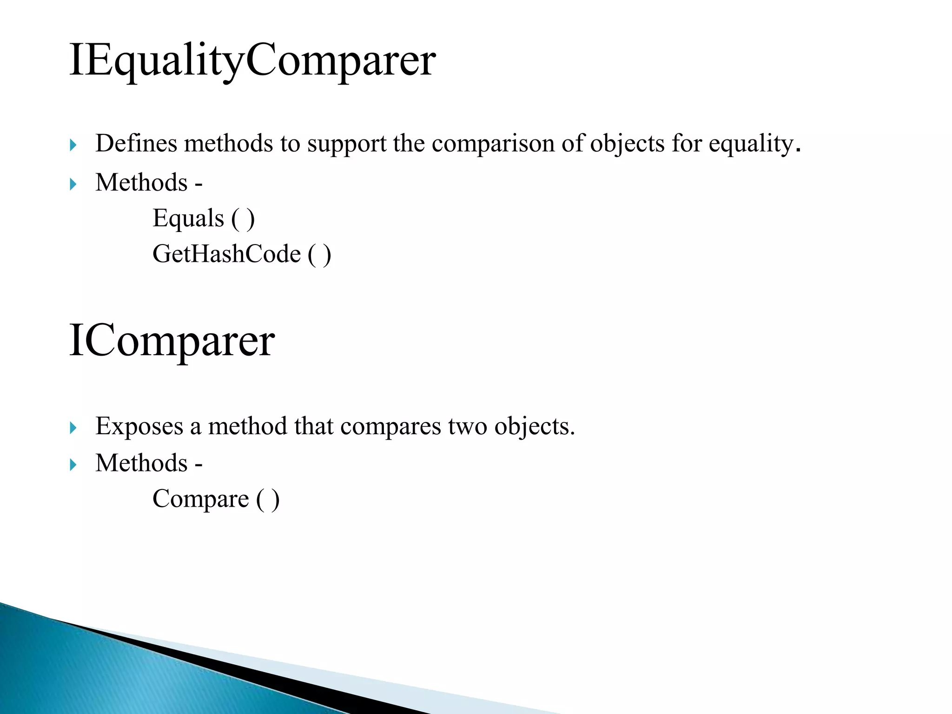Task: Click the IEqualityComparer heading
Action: coord(252,60)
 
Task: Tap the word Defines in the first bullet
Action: coord(136,143)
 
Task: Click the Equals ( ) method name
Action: coord(204,218)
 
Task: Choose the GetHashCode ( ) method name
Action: coord(242,254)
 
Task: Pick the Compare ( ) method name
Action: coord(216,499)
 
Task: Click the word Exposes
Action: coord(139,426)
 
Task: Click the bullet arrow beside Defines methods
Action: coord(73,145)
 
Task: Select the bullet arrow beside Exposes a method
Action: coord(73,428)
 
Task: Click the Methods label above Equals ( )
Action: coord(141,182)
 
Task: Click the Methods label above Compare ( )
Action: coord(141,463)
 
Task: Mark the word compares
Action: coord(390,427)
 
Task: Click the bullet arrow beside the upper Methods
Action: coord(73,185)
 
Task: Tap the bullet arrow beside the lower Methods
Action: coord(73,465)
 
